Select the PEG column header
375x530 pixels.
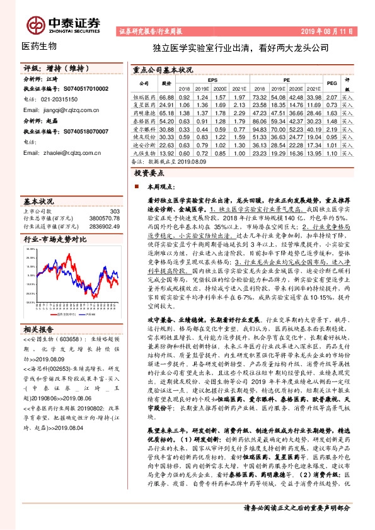332,83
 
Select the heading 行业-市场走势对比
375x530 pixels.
55,239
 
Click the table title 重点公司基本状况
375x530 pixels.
162,70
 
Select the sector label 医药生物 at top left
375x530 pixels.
39,46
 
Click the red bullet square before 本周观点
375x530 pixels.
137,188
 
